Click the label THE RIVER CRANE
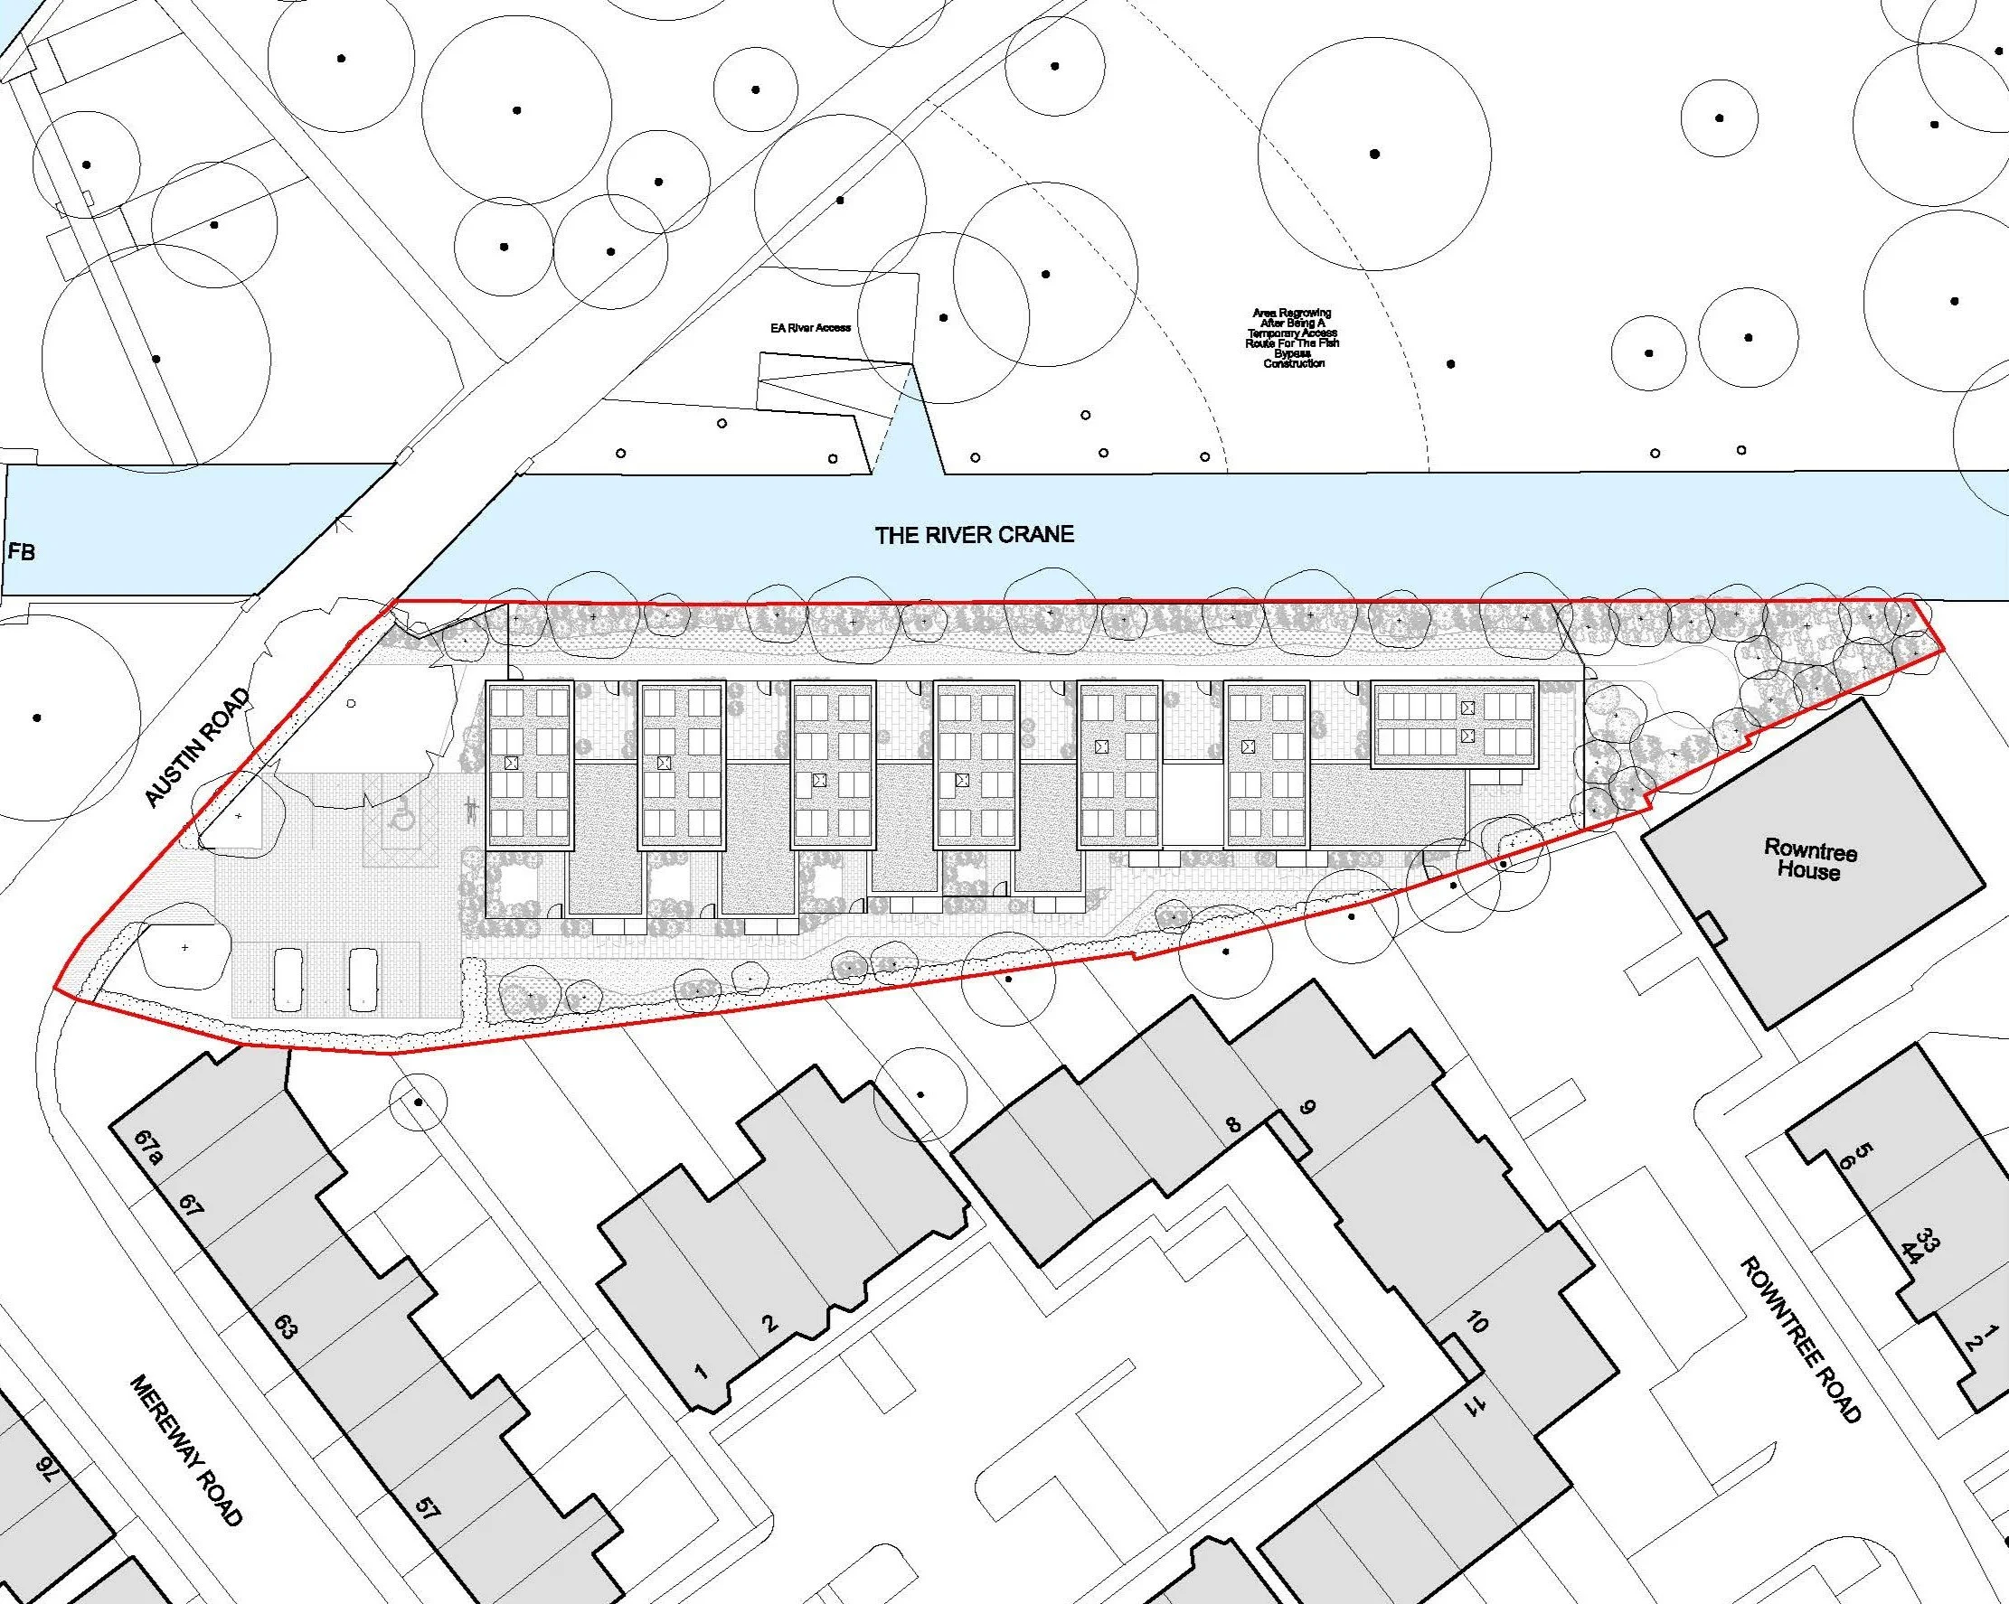[974, 535]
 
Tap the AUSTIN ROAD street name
[196, 747]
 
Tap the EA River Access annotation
[810, 328]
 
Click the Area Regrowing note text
[1293, 338]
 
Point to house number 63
[285, 1328]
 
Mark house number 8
[1234, 1125]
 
